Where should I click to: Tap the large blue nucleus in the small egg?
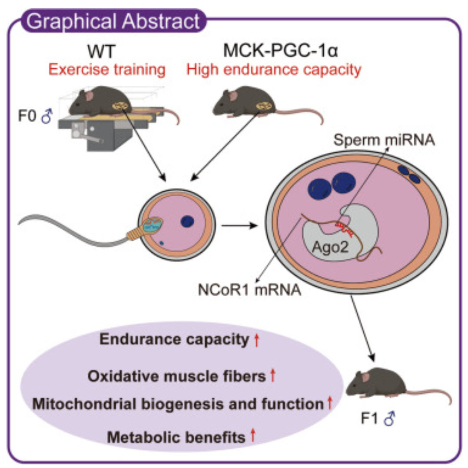[x=188, y=221]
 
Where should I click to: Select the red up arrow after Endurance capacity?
[x=256, y=340]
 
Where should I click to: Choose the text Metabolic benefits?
[x=176, y=437]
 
